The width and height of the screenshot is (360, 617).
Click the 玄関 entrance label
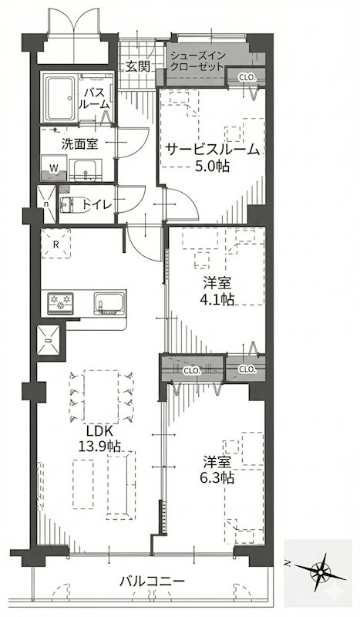point(138,66)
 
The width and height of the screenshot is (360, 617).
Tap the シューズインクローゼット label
point(197,61)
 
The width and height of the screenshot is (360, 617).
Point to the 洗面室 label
point(79,143)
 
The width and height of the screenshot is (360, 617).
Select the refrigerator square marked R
point(56,243)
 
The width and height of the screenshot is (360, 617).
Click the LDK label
point(98,430)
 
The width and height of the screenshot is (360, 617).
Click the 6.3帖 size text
point(218,478)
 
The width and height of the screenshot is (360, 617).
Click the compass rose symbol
point(322,572)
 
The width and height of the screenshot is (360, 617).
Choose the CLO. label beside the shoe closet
point(247,77)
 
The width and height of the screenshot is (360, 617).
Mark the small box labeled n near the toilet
point(47,205)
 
